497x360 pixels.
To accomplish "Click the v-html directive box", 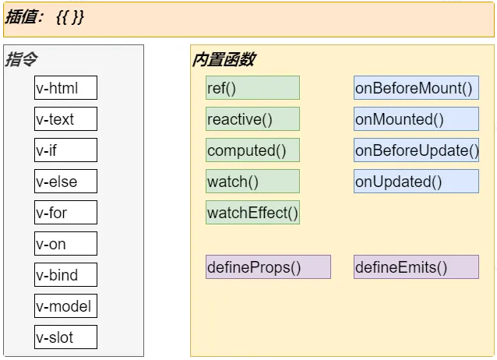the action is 65,87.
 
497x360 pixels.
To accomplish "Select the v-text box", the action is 65,118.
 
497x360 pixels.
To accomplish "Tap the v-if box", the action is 65,150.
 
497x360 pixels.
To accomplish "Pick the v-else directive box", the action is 65,181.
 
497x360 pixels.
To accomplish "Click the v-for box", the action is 65,212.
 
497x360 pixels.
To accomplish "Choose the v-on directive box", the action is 65,243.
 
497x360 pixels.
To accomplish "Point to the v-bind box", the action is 65,274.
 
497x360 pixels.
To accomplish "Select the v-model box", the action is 65,305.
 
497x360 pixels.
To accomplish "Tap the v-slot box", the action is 65,337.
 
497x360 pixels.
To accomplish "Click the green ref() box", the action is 252,87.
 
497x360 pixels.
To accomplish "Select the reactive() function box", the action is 252,118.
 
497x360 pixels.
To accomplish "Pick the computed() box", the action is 252,150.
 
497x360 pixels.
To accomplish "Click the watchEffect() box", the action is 252,212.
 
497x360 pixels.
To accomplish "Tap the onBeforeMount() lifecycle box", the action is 416,87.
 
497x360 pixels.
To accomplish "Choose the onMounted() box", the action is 416,118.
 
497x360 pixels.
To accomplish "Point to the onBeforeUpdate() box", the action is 416,150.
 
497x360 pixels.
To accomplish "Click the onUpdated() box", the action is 416,181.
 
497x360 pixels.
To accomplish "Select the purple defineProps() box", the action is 268,266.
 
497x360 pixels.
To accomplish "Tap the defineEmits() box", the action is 416,266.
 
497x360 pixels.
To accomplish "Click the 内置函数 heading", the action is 224,59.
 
